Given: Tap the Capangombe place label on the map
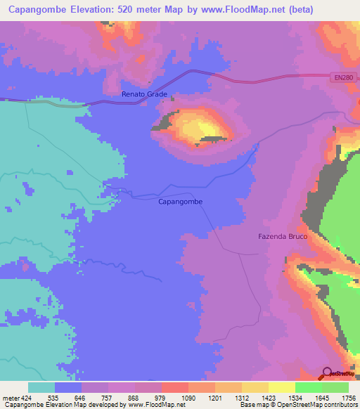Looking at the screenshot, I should coord(179,202).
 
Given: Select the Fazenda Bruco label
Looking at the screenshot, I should coord(281,237).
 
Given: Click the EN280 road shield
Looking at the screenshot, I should coord(342,78).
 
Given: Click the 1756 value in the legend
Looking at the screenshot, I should coord(347,397).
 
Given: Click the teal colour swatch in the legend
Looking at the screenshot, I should coord(41,387).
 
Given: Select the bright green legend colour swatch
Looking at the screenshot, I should coord(309,387).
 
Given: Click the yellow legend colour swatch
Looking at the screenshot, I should coord(282,387).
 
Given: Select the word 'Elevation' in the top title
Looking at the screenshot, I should coord(88,10).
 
